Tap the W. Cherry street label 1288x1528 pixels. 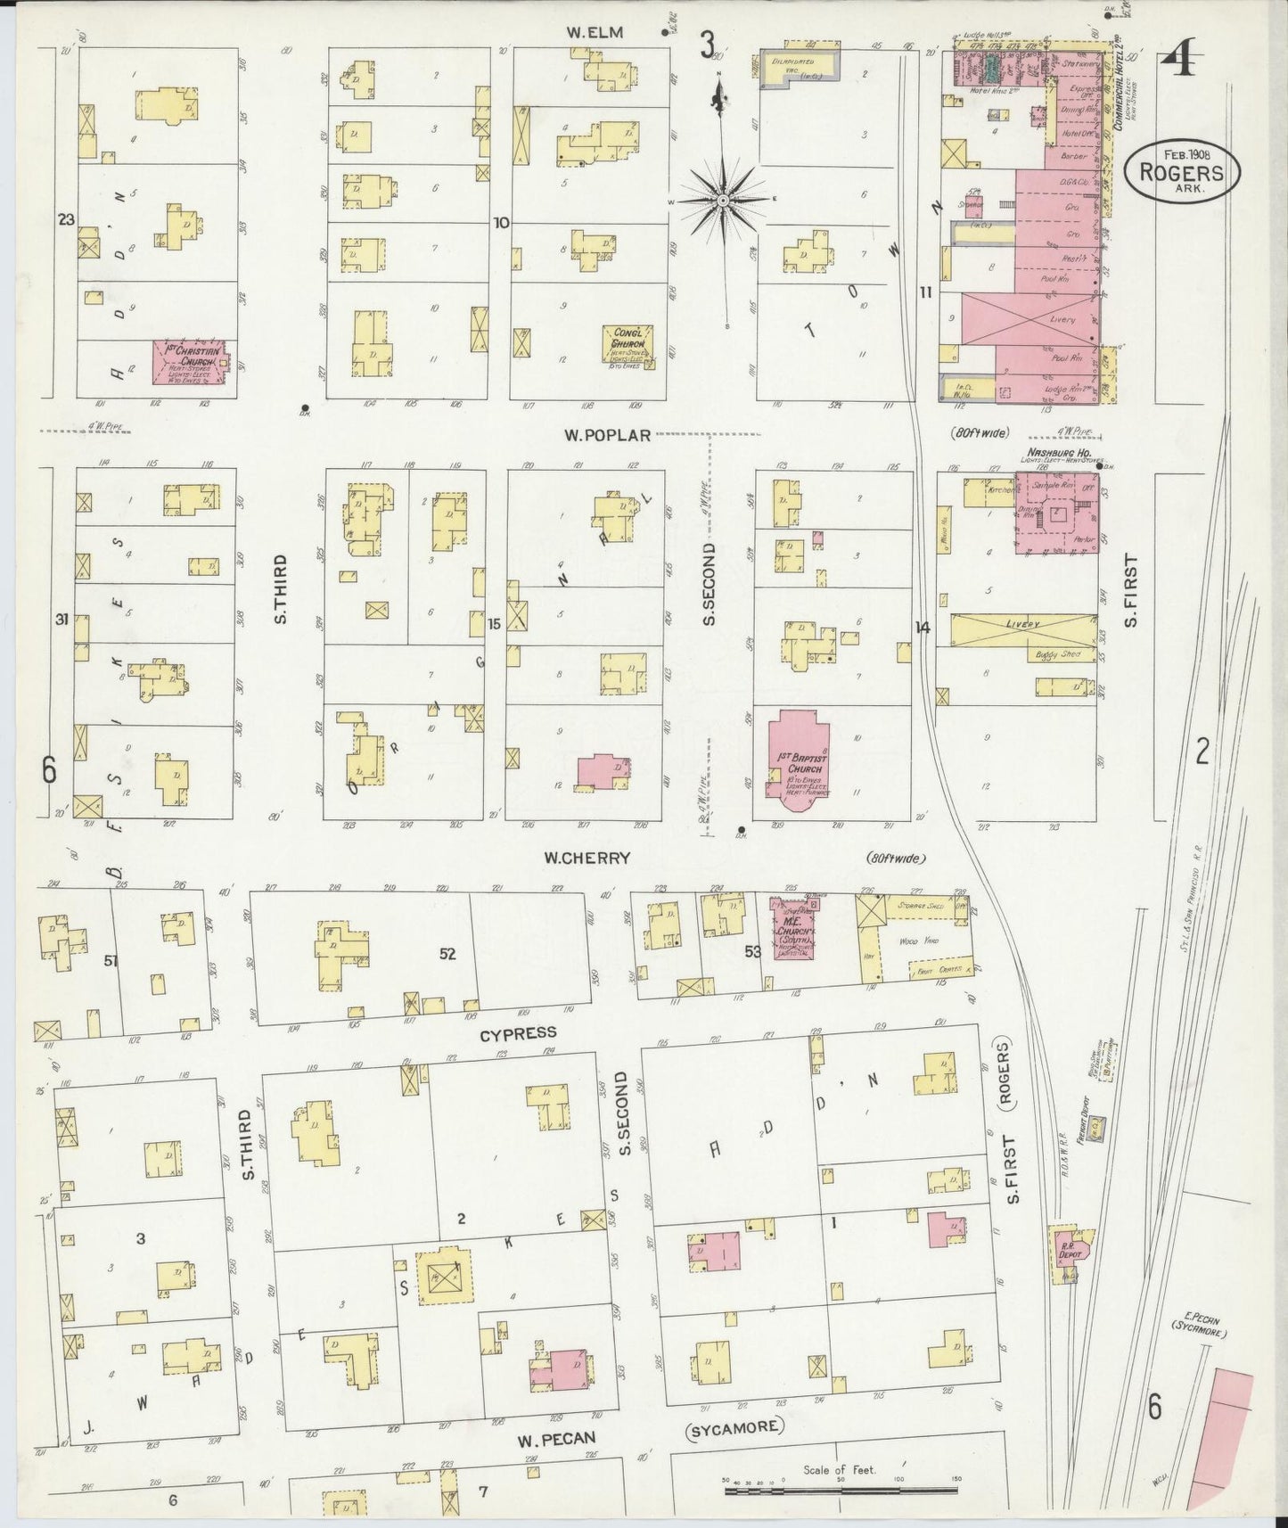pyautogui.click(x=587, y=858)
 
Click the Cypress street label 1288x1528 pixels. pyautogui.click(x=518, y=1033)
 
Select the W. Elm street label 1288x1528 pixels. pyautogui.click(x=595, y=33)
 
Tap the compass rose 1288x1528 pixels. pyautogui.click(x=723, y=200)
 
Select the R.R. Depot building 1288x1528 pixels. pyautogui.click(x=1067, y=1250)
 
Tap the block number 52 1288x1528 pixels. pyautogui.click(x=447, y=954)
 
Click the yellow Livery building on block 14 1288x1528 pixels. pyautogui.click(x=1023, y=629)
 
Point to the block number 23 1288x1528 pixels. pyautogui.click(x=65, y=219)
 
